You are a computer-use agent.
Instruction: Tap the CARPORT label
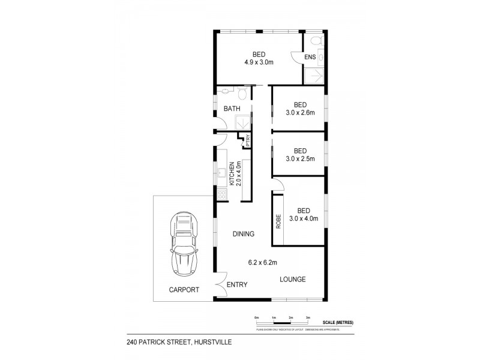[x=184, y=289]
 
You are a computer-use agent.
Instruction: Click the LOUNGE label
[x=293, y=279]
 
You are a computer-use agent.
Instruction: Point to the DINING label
[x=244, y=234]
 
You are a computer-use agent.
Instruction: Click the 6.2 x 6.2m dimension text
[x=262, y=262]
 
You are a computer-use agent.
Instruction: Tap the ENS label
[x=310, y=58]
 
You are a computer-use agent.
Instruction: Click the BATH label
[x=232, y=109]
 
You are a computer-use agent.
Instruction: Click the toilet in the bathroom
[x=242, y=94]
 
